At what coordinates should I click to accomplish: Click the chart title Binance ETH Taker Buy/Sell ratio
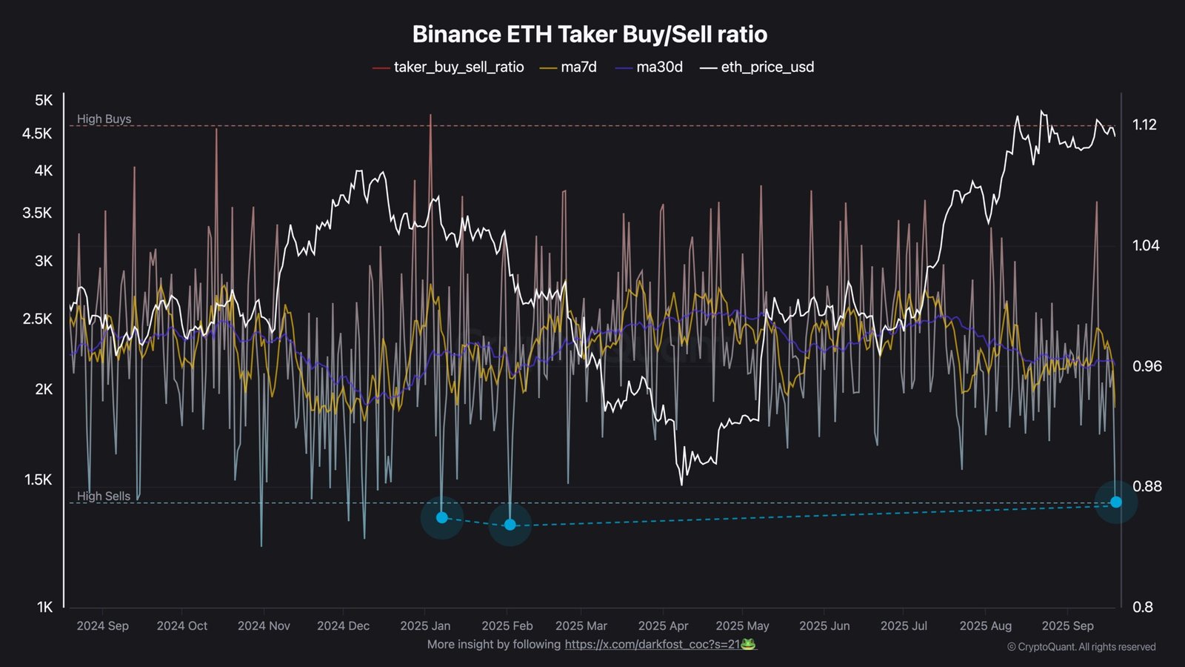pyautogui.click(x=590, y=34)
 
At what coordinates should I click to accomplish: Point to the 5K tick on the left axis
pyautogui.click(x=44, y=100)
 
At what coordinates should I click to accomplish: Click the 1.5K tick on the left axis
pyautogui.click(x=39, y=479)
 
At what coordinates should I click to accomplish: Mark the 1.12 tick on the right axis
pyautogui.click(x=1144, y=125)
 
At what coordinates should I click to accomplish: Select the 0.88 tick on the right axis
pyautogui.click(x=1147, y=486)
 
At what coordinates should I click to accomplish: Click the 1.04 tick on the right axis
pyautogui.click(x=1146, y=245)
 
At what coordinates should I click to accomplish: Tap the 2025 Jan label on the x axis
pyautogui.click(x=425, y=625)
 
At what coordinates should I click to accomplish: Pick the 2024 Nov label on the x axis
pyautogui.click(x=264, y=625)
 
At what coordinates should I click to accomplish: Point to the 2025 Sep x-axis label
pyautogui.click(x=1067, y=625)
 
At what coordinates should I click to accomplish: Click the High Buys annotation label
pyautogui.click(x=104, y=119)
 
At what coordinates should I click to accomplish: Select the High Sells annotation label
pyautogui.click(x=104, y=496)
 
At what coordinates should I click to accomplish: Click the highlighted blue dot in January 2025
pyautogui.click(x=442, y=517)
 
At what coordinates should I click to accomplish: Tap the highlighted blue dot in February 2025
pyautogui.click(x=510, y=525)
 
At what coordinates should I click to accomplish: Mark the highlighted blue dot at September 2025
pyautogui.click(x=1116, y=502)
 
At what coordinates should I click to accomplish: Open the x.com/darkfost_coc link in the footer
pyautogui.click(x=652, y=644)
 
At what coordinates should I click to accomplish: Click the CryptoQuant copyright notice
pyautogui.click(x=1081, y=647)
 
